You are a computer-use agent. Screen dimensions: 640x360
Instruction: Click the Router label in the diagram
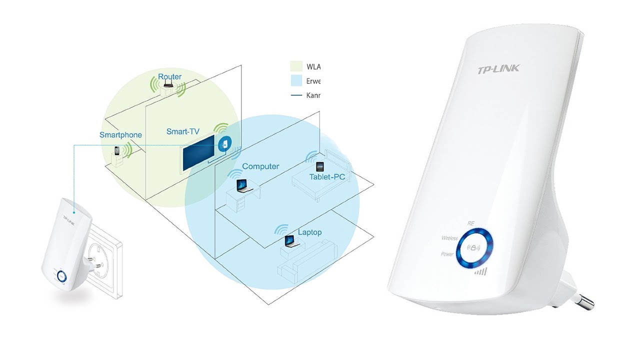tap(169, 76)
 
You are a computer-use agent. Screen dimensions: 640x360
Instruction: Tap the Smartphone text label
tap(120, 134)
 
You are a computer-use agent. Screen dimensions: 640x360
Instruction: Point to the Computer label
tap(260, 166)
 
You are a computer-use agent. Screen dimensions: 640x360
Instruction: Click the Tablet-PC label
tap(327, 177)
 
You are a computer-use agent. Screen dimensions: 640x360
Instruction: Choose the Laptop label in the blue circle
tap(309, 232)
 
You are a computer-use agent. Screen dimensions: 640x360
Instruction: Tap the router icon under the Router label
tap(167, 87)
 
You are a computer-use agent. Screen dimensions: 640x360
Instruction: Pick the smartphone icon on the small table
tap(117, 150)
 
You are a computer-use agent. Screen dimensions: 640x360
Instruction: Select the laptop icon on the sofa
tap(289, 241)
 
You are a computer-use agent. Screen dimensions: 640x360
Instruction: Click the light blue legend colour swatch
tap(296, 80)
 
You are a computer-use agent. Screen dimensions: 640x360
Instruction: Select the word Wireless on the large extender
tap(449, 238)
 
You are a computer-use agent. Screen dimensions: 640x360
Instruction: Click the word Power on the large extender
tap(447, 254)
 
